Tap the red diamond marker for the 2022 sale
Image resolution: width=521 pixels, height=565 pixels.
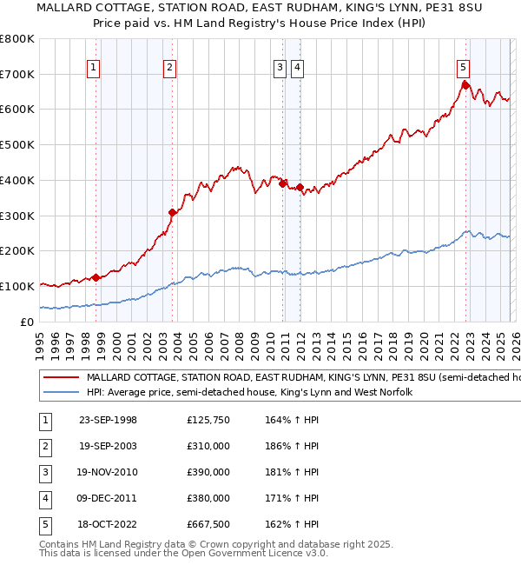pos(465,85)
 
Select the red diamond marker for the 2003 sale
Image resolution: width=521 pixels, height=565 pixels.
pos(173,212)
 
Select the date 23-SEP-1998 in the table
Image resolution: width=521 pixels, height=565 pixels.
pos(108,421)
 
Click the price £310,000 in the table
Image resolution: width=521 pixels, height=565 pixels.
pos(208,446)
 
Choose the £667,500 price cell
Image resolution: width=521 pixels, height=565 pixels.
pos(208,524)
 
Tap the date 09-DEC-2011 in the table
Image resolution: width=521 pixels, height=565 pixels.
pos(108,498)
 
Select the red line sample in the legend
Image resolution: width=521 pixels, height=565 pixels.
pos(61,378)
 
